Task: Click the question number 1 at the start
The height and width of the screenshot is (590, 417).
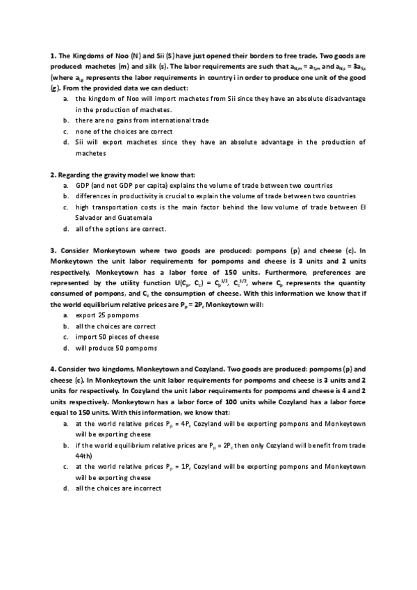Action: (52, 54)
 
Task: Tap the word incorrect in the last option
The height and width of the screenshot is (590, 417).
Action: (145, 488)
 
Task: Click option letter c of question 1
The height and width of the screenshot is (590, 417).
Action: (65, 131)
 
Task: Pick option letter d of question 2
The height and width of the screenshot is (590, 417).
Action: (65, 229)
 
